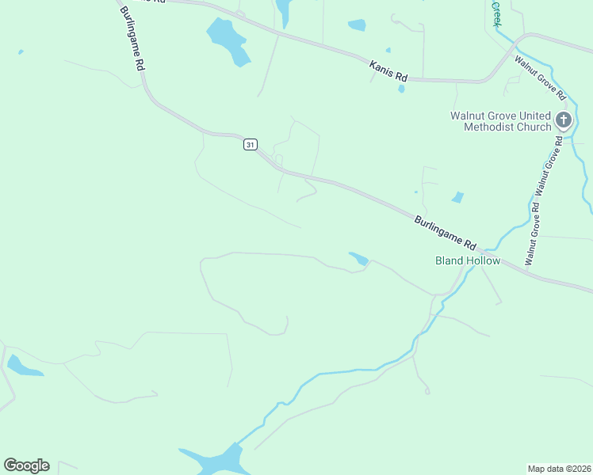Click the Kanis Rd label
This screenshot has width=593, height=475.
click(x=388, y=71)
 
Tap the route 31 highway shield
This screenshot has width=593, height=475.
click(x=251, y=144)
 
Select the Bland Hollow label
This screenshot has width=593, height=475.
click(x=468, y=260)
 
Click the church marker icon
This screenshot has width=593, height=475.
click(x=564, y=120)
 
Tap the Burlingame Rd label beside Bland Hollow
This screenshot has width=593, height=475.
click(x=444, y=231)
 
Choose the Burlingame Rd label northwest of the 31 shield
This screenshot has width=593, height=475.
click(x=132, y=38)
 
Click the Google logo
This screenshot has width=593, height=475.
click(x=26, y=465)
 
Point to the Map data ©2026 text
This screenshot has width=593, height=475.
click(x=559, y=468)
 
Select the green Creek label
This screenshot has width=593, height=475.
click(x=497, y=12)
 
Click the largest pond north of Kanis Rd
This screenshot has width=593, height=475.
click(x=228, y=40)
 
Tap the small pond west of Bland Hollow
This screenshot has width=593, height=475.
click(x=359, y=258)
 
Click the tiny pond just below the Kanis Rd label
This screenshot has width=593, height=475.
click(x=401, y=89)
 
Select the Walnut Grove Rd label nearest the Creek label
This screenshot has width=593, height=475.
click(x=540, y=78)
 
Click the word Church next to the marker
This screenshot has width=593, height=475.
click(x=535, y=127)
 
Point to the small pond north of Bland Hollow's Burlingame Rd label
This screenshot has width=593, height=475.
click(x=457, y=197)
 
